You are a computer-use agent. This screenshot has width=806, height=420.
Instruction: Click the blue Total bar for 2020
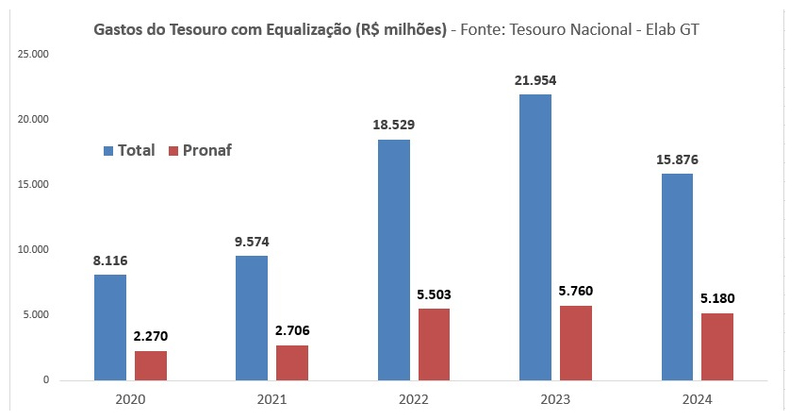[x=110, y=327]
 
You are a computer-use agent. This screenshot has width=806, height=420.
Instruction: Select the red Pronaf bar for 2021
[x=292, y=362]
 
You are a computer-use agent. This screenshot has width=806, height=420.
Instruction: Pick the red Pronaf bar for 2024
[x=716, y=346]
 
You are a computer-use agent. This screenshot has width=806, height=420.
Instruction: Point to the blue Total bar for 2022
[x=393, y=260]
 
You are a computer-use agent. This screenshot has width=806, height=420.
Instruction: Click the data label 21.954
[x=535, y=80]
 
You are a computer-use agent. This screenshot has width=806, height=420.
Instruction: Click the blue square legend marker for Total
[x=107, y=151]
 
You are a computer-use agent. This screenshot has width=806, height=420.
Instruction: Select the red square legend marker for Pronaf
[x=173, y=151]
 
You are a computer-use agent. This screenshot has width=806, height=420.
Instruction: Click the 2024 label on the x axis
[x=697, y=398]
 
